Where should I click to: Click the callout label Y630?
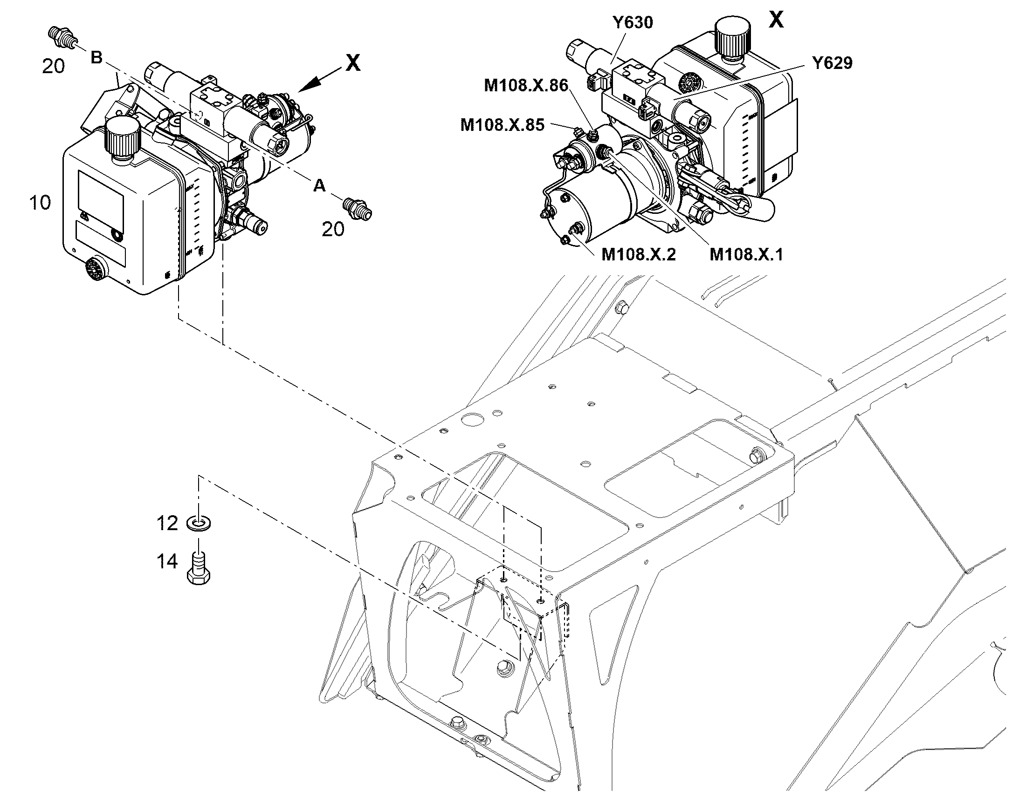[x=633, y=22]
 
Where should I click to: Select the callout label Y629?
[x=832, y=63]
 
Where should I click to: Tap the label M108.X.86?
[x=526, y=86]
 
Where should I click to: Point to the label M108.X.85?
[x=503, y=125]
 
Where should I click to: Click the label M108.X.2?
[x=638, y=254]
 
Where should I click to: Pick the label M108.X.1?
[x=746, y=254]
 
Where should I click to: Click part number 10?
[x=40, y=203]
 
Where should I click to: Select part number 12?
[x=167, y=523]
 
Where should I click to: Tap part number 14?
[x=167, y=561]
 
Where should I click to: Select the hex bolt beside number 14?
[x=199, y=568]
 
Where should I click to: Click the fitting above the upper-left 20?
[x=61, y=37]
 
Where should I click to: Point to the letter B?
[x=96, y=58]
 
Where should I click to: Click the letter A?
[x=319, y=186]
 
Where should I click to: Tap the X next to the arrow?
[x=353, y=62]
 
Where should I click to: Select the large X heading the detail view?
[x=777, y=20]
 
